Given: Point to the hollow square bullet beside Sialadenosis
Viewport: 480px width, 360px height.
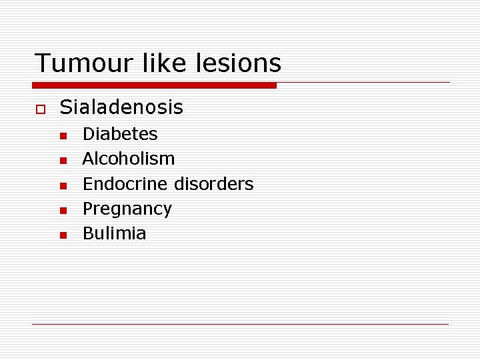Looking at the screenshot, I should point(40,108).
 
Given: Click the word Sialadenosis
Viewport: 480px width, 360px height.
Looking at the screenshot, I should point(121,107).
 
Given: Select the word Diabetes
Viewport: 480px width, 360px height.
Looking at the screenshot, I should point(120,134).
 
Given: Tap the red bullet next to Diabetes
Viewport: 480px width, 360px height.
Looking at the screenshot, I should point(63,136).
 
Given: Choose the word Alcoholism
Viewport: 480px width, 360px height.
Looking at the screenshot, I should point(129,159).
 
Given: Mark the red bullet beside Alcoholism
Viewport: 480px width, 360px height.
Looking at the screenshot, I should point(63,161).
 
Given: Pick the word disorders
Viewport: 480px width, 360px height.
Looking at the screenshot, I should point(214,183).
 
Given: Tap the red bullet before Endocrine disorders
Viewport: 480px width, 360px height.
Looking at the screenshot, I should point(63,185).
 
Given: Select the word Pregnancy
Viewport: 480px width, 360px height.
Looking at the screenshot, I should point(127,209).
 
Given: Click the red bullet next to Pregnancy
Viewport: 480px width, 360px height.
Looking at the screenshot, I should point(63,211).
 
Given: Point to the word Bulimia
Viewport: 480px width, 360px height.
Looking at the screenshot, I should point(114,233).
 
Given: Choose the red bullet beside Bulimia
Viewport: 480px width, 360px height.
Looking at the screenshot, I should point(63,235).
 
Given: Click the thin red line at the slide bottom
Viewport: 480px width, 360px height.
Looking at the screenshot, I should point(240,324).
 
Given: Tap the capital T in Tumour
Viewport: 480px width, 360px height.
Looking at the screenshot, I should point(42,63).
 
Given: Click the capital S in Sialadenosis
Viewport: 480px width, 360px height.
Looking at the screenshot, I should point(65,107).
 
